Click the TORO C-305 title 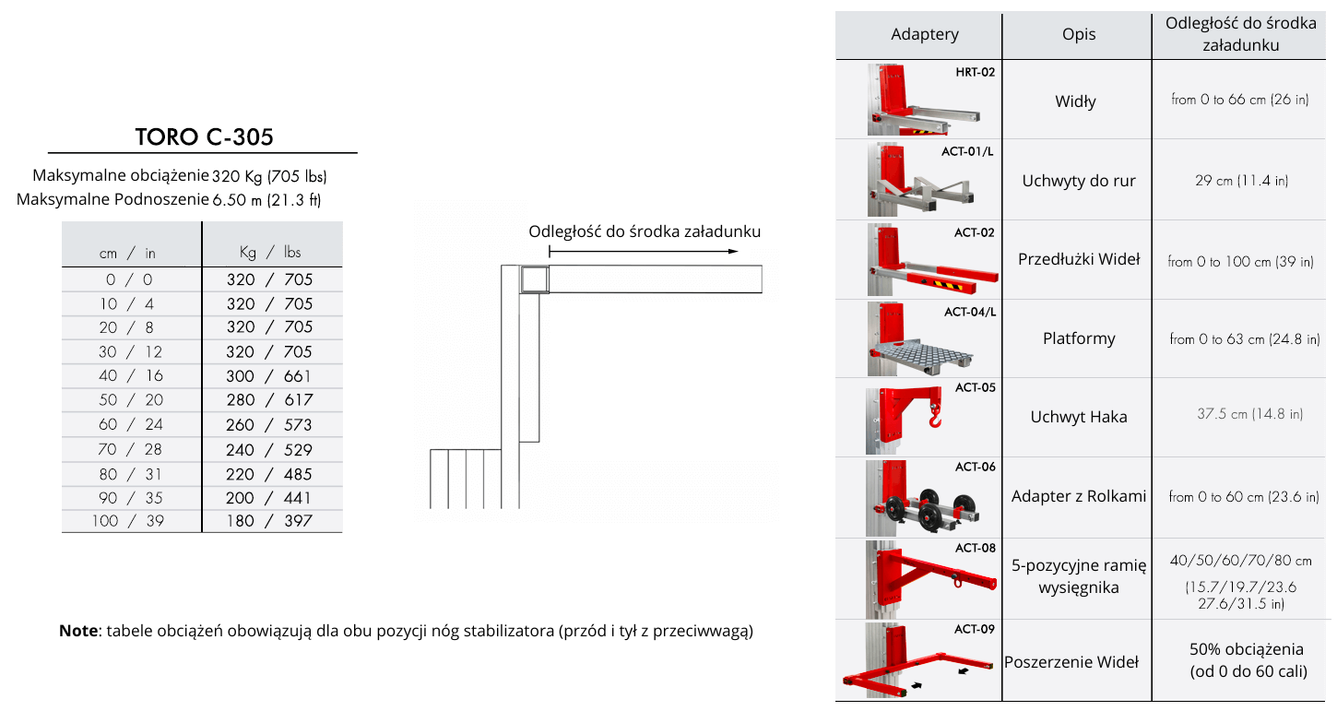point(204,137)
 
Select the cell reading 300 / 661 point(269,376)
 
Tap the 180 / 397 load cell point(269,521)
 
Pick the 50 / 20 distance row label point(131,400)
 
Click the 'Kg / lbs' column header point(269,252)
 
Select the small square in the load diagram point(533,279)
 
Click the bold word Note point(77,632)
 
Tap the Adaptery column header point(925,35)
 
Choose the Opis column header point(1079,35)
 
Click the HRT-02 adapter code point(976,72)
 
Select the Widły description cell point(1076,101)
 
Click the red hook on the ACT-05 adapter point(936,420)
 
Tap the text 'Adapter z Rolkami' point(1079,496)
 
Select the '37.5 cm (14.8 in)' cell point(1249,415)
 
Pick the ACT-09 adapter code point(975,630)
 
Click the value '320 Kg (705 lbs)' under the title point(269,176)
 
